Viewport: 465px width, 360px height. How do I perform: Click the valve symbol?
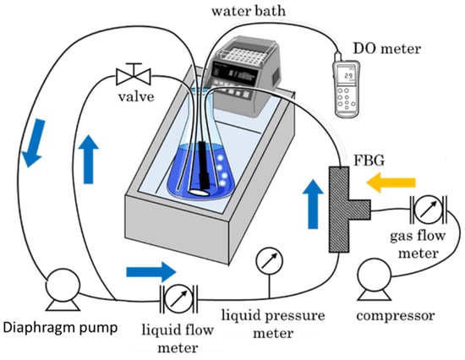pyautogui.click(x=134, y=74)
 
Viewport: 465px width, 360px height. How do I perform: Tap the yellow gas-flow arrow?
pyautogui.click(x=391, y=183)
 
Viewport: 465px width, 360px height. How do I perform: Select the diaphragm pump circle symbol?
pyautogui.click(x=63, y=286)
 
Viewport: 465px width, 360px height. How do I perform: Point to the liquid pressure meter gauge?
pyautogui.click(x=269, y=261)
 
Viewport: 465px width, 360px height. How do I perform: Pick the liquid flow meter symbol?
pyautogui.click(x=178, y=299)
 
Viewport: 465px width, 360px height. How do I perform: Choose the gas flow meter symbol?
pyautogui.click(x=429, y=210)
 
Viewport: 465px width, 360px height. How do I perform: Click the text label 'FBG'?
pyautogui.click(x=369, y=161)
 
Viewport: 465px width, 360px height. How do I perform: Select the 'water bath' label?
pyautogui.click(x=249, y=11)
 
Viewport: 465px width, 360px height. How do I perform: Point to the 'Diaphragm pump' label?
pyautogui.click(x=60, y=328)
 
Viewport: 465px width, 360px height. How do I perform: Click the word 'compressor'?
pyautogui.click(x=396, y=316)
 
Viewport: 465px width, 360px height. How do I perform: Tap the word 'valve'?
pyautogui.click(x=136, y=96)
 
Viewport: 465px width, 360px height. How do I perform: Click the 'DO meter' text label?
pyautogui.click(x=387, y=48)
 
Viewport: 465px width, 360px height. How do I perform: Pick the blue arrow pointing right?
pyautogui.click(x=151, y=272)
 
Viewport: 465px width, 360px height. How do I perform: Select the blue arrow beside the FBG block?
pyautogui.click(x=313, y=205)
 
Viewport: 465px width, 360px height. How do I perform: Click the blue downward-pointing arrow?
pyautogui.click(x=34, y=143)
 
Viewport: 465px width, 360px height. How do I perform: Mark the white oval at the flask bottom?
pyautogui.click(x=199, y=192)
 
